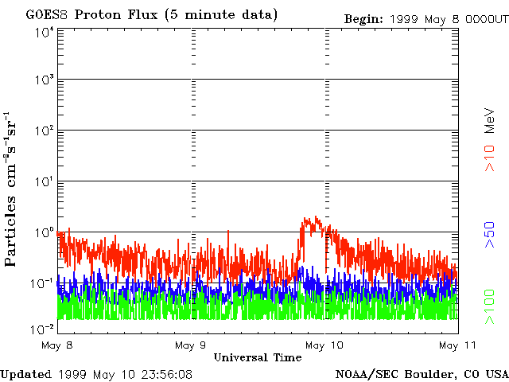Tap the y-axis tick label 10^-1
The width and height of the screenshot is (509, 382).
[x=42, y=283]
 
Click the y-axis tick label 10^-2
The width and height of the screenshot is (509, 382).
[x=42, y=329]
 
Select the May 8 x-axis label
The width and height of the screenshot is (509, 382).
[x=57, y=345]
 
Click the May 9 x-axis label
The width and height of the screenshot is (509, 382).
[x=191, y=345]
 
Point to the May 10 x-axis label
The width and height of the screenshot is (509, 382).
[x=324, y=345]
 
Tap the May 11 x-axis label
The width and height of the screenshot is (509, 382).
[x=457, y=345]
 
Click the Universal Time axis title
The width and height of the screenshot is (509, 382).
[x=258, y=357]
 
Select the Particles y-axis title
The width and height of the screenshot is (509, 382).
[x=10, y=231]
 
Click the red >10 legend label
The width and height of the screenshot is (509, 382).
[x=489, y=158]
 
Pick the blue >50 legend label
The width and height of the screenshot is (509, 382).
[x=489, y=235]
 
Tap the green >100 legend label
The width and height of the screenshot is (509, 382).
[x=489, y=306]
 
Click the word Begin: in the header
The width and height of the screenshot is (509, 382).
[x=363, y=19]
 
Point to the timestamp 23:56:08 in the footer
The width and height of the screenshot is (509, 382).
[x=165, y=375]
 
